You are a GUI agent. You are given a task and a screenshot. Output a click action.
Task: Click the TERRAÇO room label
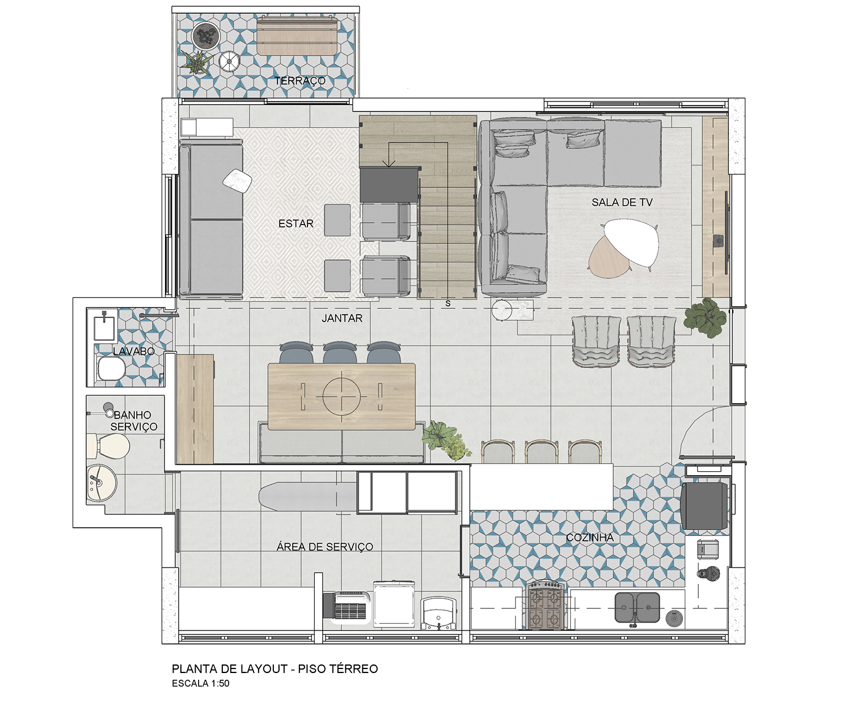click(x=300, y=81)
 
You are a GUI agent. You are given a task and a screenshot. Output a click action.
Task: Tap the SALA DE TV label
click(x=622, y=202)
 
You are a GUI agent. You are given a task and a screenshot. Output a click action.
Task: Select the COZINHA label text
click(x=589, y=537)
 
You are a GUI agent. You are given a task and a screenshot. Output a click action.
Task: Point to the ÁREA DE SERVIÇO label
click(x=325, y=546)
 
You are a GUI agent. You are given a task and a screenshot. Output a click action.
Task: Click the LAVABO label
click(x=134, y=351)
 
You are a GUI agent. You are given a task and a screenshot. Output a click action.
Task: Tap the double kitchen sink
click(x=636, y=607)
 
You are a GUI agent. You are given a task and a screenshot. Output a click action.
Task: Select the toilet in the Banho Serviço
click(x=108, y=446)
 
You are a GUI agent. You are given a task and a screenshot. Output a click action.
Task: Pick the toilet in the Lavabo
click(x=111, y=368)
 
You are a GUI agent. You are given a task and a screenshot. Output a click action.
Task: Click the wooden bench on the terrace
click(x=297, y=36)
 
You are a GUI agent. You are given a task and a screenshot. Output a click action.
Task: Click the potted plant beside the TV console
click(x=706, y=317)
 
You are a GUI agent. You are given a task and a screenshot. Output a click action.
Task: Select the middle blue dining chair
click(x=339, y=353)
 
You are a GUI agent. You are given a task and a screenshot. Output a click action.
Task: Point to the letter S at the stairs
click(x=448, y=303)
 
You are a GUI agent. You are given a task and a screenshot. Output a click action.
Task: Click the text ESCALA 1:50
click(x=201, y=683)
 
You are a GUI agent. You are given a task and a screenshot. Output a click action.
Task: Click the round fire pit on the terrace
click(x=206, y=36)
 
